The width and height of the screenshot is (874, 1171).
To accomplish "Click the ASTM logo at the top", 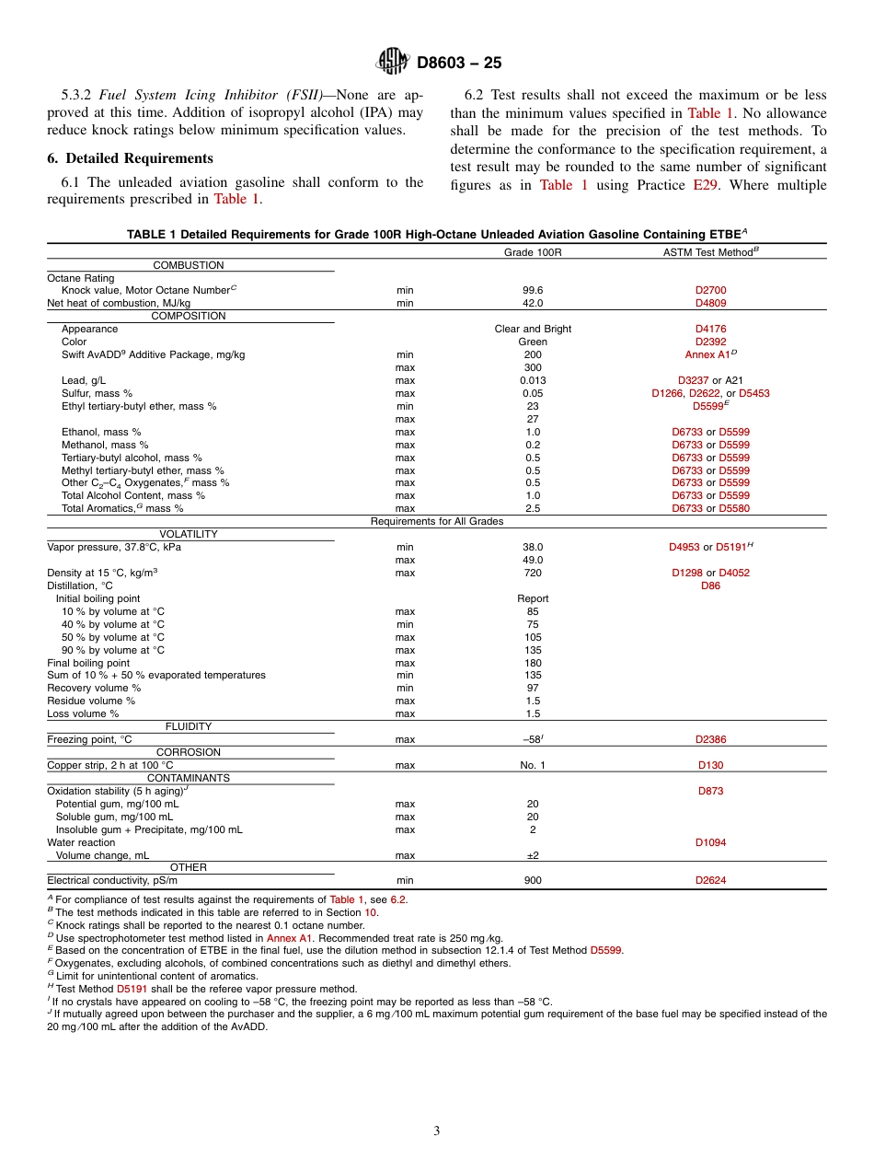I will click(x=393, y=62).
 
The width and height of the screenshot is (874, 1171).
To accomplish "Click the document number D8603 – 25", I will click(x=458, y=64).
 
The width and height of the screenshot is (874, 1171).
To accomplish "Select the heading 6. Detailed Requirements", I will click(x=130, y=158).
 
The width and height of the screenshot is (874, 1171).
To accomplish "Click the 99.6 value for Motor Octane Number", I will click(x=533, y=290).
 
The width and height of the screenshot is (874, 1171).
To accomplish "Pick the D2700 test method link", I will click(x=710, y=290).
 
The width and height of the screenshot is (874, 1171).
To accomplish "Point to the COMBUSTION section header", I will click(x=189, y=265).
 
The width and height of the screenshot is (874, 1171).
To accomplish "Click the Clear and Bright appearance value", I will click(x=533, y=329).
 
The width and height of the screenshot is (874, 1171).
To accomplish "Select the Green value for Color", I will click(x=533, y=342).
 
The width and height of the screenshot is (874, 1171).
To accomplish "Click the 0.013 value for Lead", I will click(x=533, y=380).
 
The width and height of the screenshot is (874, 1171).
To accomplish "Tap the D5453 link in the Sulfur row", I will click(x=753, y=393).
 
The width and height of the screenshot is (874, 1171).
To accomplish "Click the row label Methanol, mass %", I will click(x=105, y=445).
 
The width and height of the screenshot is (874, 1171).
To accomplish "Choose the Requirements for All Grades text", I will click(x=436, y=521).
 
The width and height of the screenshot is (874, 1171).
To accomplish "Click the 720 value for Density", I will click(x=533, y=573).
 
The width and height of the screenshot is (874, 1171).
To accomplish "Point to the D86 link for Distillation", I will click(x=710, y=585).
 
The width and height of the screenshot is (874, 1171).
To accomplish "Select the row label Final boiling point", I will click(x=88, y=663).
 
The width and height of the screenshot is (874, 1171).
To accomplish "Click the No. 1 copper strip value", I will click(x=533, y=765).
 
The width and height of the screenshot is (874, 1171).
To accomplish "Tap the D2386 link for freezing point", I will click(x=710, y=739).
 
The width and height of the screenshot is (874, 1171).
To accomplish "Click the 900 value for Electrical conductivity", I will click(x=533, y=880).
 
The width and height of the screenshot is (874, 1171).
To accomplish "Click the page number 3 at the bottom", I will click(x=436, y=1131).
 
